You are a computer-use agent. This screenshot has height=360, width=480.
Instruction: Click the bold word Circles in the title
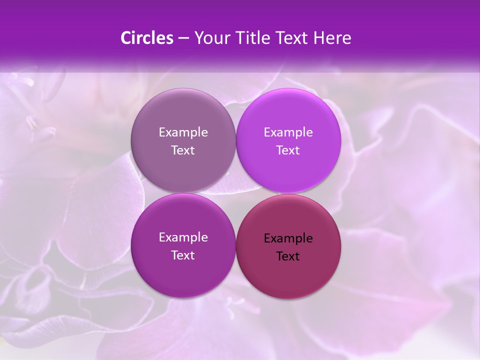[x=146, y=38]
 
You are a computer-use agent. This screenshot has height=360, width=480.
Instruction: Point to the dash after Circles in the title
[x=183, y=38]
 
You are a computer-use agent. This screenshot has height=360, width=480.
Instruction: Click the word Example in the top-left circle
[x=183, y=132]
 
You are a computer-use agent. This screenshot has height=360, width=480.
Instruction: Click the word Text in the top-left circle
[x=183, y=150]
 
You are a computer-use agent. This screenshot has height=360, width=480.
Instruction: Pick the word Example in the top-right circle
[x=288, y=132]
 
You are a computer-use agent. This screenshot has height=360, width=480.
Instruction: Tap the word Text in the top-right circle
[x=288, y=150]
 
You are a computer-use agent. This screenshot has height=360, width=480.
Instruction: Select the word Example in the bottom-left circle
[x=183, y=237]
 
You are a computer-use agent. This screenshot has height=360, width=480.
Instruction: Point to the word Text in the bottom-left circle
[x=183, y=255]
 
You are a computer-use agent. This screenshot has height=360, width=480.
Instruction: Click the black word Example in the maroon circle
[x=288, y=238]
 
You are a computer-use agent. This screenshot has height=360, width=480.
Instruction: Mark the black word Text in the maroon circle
[x=288, y=256]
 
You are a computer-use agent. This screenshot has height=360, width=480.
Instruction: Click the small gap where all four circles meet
[x=235, y=193]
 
